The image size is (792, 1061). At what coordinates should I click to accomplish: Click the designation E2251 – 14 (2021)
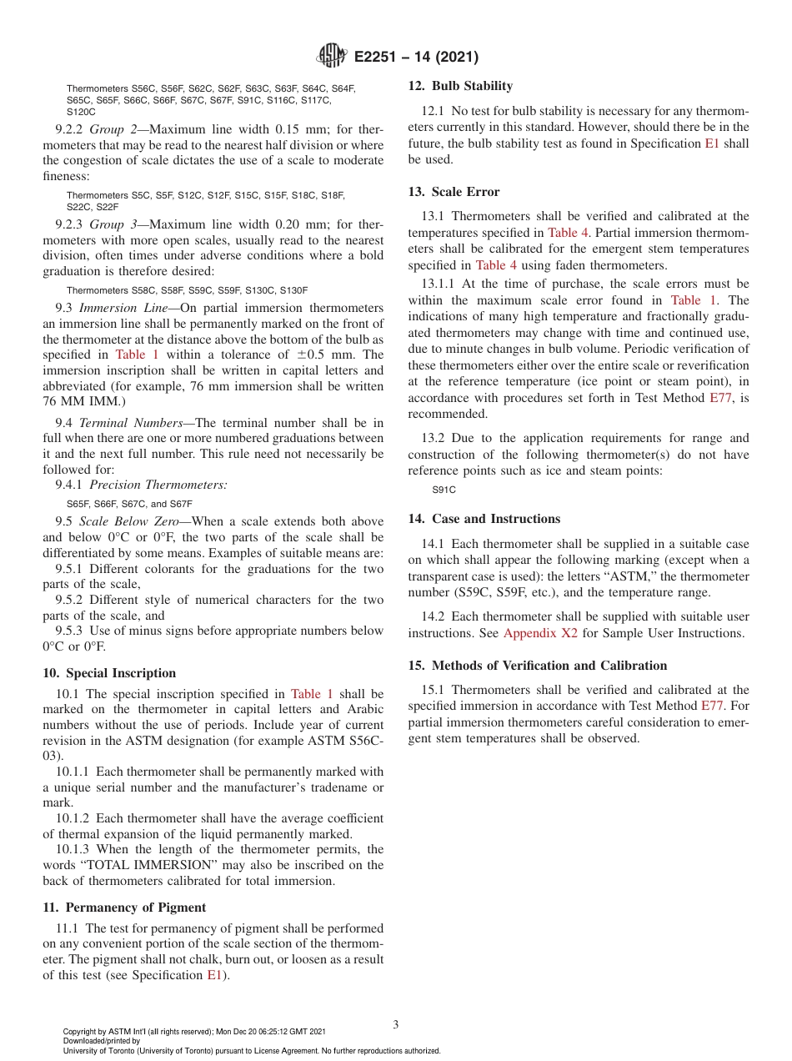tap(416, 58)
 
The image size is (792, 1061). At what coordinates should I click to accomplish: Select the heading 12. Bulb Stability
tap(460, 86)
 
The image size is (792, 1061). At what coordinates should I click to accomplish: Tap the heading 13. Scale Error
tap(454, 192)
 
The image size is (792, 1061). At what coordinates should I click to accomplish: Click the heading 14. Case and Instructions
tap(484, 519)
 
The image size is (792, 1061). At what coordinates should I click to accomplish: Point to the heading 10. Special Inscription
tap(109, 673)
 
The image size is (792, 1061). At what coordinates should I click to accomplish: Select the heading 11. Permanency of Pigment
tap(123, 908)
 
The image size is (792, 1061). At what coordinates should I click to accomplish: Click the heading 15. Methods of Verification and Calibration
tap(537, 666)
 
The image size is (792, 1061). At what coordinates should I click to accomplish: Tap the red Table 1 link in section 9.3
tap(137, 355)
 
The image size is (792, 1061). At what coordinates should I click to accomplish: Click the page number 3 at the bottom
tap(396, 1024)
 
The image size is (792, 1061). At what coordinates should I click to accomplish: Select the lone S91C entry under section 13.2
tap(444, 491)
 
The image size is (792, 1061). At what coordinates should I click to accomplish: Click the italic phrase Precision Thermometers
tap(158, 485)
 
